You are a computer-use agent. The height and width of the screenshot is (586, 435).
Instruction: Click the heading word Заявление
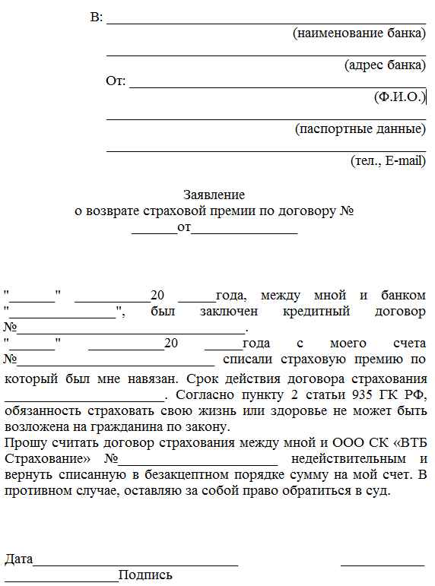tap(214, 195)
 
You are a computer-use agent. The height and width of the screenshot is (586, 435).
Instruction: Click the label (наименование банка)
tap(359, 33)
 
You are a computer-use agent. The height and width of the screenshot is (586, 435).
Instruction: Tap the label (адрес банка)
tap(385, 65)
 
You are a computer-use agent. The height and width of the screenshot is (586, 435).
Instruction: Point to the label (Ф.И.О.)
tap(398, 97)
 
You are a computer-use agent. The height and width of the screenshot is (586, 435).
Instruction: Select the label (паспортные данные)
tap(360, 128)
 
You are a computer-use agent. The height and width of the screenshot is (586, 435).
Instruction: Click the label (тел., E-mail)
tap(388, 160)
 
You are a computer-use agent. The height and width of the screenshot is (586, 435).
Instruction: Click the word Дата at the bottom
tap(19, 559)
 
